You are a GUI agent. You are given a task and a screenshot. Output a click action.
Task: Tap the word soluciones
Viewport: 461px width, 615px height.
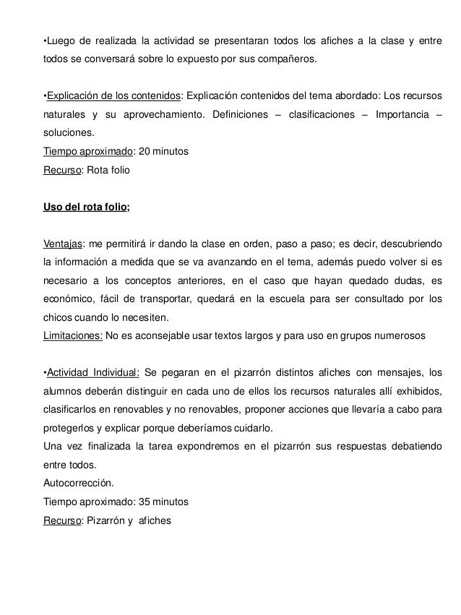[68, 133]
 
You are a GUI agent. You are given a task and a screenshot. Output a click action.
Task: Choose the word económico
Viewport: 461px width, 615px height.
[68, 298]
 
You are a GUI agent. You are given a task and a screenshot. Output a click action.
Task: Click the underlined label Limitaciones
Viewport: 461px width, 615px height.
[74, 336]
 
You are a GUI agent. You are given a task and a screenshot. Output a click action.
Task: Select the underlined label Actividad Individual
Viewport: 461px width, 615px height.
[92, 373]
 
